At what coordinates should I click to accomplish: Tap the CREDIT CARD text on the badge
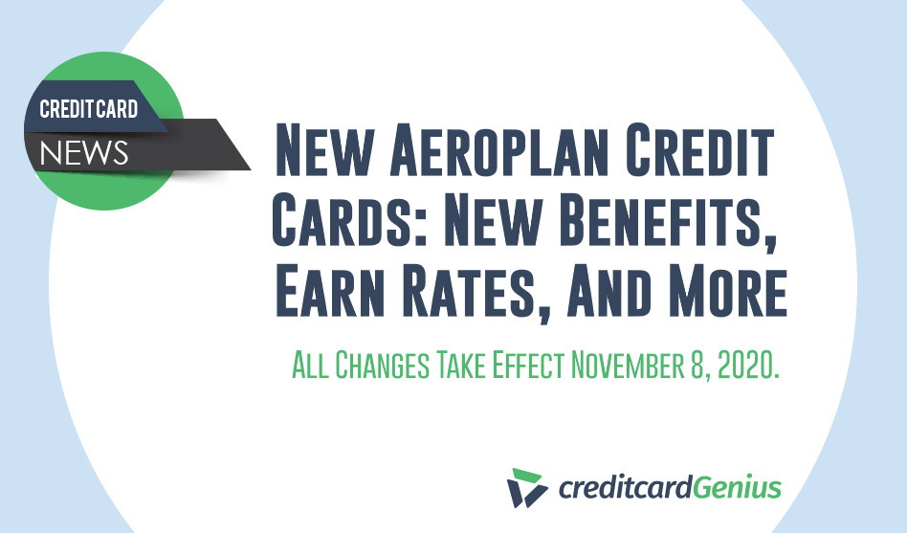[x=89, y=109]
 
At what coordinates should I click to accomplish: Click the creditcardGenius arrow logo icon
[x=527, y=488]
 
